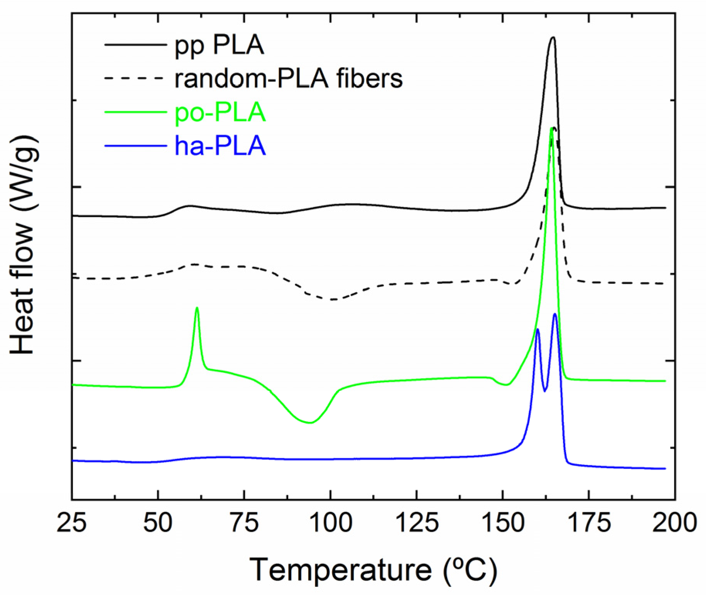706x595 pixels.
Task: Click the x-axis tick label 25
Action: (x=72, y=523)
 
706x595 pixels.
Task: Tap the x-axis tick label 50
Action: (x=158, y=523)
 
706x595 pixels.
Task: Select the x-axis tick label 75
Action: (x=244, y=523)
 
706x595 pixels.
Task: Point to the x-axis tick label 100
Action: (x=331, y=523)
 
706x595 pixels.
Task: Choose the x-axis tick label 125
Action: (x=417, y=523)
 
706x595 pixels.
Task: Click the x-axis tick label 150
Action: (x=503, y=523)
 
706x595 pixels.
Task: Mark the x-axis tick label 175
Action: (x=589, y=523)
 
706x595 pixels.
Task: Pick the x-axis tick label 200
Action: (x=674, y=523)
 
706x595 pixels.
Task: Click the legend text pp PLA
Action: (x=219, y=46)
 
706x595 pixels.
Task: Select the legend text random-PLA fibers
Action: (x=289, y=79)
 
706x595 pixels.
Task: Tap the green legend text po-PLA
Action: (x=220, y=112)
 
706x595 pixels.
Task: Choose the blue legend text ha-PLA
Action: (x=220, y=146)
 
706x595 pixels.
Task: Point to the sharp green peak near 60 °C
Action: (x=197, y=308)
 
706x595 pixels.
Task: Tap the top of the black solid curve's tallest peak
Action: (x=553, y=37)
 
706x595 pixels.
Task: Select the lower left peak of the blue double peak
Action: (x=537, y=329)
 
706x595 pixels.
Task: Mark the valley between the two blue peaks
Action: (x=545, y=391)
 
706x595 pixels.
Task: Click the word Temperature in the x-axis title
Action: (x=341, y=570)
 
